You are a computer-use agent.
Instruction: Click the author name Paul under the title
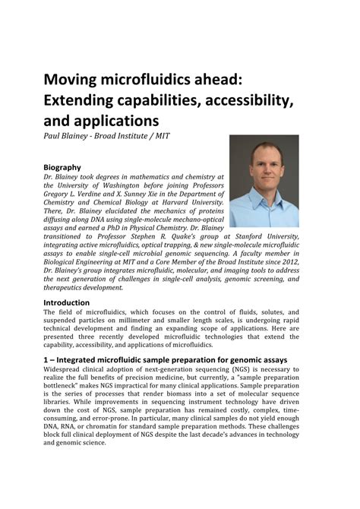tap(52, 137)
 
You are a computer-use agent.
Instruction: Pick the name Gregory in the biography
tap(61, 195)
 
